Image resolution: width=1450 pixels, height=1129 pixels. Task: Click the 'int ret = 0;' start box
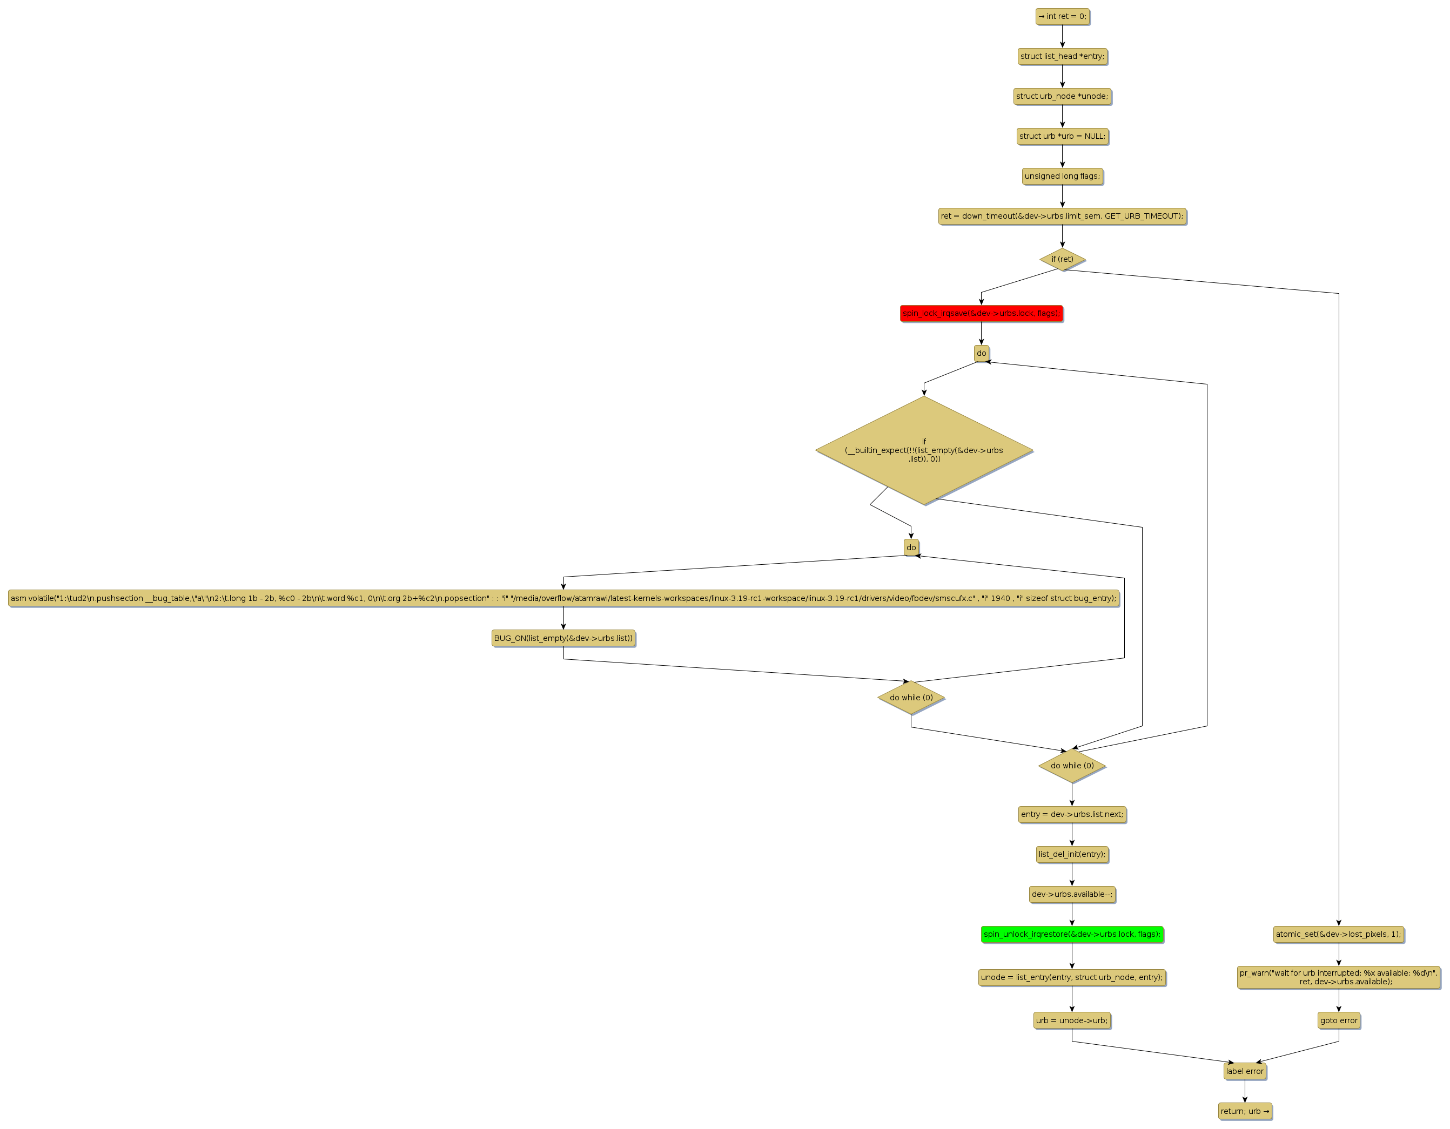click(x=1062, y=17)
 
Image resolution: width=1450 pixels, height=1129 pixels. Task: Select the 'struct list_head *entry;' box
click(x=1062, y=56)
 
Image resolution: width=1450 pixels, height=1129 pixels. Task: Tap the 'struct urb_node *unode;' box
click(x=1062, y=96)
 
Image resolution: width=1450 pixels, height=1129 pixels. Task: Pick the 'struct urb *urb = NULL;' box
click(x=1062, y=136)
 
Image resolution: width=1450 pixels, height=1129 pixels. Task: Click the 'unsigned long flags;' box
click(x=1062, y=176)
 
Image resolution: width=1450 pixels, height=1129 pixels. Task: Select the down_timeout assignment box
click(x=1062, y=217)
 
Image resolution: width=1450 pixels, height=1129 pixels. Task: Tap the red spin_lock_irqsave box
click(x=981, y=313)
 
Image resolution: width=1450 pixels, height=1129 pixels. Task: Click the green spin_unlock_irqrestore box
click(x=1072, y=935)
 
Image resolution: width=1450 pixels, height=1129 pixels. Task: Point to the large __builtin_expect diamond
click(x=923, y=450)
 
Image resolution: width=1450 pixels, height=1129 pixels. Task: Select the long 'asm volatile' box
click(x=563, y=599)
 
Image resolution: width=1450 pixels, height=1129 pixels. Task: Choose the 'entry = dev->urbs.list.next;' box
click(x=1072, y=814)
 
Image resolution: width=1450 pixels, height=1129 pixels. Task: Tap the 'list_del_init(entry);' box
click(x=1072, y=854)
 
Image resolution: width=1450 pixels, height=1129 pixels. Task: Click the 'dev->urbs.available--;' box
click(x=1072, y=894)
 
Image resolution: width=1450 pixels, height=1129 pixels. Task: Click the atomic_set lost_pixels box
click(x=1339, y=935)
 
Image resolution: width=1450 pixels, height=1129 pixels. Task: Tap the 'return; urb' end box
click(x=1245, y=1111)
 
